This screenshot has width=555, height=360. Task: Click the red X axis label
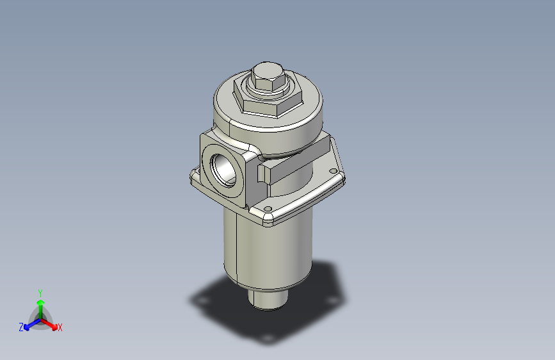point(60,327)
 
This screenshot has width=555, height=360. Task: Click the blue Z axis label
point(21,327)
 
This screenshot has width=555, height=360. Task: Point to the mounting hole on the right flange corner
point(332,170)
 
